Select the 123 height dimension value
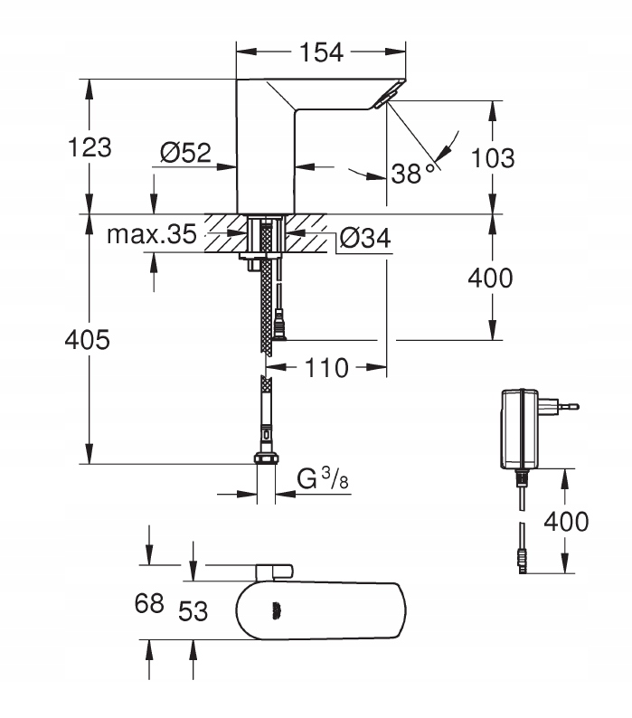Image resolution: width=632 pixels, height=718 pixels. point(90,147)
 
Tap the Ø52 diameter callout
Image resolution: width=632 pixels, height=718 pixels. point(184,155)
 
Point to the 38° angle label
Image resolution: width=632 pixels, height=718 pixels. point(413,173)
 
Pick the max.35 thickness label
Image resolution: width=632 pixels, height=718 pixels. point(152,235)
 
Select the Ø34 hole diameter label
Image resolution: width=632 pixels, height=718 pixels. point(366,238)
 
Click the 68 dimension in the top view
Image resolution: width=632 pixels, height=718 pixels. point(149,603)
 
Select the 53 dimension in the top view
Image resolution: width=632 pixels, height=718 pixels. point(191,611)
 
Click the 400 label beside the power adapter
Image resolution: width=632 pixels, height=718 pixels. point(565,521)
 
